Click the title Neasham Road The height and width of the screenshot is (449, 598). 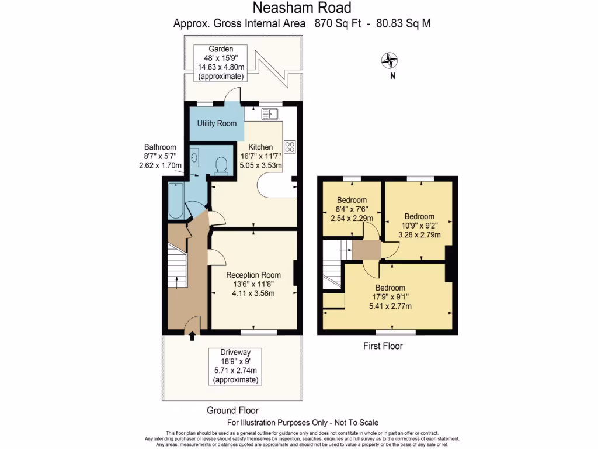coord(303,8)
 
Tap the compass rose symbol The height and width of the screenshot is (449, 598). coord(390,60)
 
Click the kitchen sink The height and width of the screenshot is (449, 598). coord(270,113)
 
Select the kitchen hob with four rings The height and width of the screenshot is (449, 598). coord(290,146)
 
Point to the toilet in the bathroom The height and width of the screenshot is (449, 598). coord(221,165)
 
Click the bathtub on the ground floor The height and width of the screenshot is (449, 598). coord(176,201)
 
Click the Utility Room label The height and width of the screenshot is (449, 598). coord(217,123)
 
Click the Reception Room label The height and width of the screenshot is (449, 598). coord(253,275)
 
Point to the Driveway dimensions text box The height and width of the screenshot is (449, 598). coord(235,366)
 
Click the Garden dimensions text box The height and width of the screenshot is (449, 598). coord(221,63)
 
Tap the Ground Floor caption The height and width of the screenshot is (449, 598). coord(232,410)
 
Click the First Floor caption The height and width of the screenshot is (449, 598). coord(383,346)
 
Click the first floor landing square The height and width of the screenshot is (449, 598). coord(366,250)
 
